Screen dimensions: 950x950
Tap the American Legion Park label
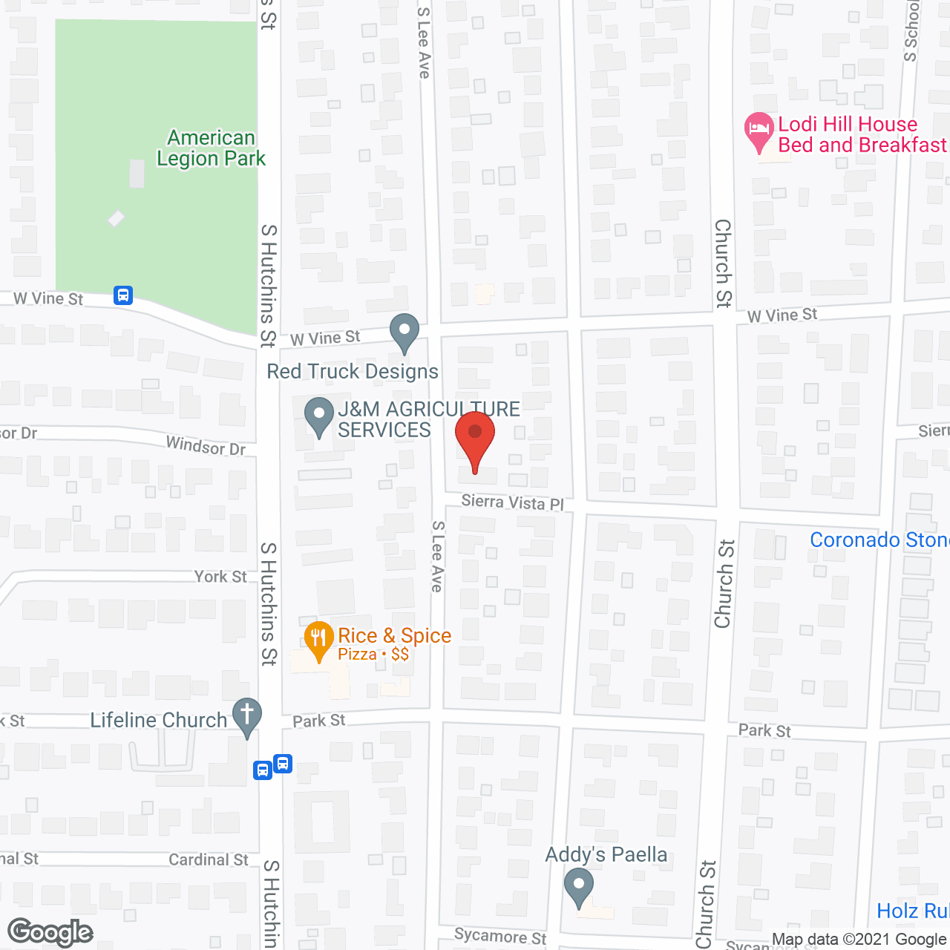coord(211,148)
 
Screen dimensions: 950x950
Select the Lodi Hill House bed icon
coord(759,131)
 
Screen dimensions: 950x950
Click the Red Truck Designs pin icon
coord(404,332)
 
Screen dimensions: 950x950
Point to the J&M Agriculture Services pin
coord(320,416)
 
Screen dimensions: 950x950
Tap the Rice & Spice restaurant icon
coord(318,640)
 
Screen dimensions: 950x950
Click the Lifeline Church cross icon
coord(247,717)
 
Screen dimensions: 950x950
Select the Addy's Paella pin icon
coord(578,887)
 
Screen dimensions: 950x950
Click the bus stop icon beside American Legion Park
coord(123,295)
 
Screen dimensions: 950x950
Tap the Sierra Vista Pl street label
coord(512,502)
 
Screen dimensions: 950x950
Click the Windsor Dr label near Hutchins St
coord(206,446)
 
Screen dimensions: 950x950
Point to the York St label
coord(220,577)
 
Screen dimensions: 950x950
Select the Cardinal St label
coord(209,859)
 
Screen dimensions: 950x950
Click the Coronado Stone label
coord(879,540)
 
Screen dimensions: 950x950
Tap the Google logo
coord(50,933)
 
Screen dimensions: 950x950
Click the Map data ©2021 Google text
coord(859,940)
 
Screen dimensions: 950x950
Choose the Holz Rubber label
coord(912,911)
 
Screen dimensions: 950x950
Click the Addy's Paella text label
coord(606,855)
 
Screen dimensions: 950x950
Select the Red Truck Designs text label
coord(353,371)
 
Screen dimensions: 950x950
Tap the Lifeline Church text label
coord(158,720)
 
